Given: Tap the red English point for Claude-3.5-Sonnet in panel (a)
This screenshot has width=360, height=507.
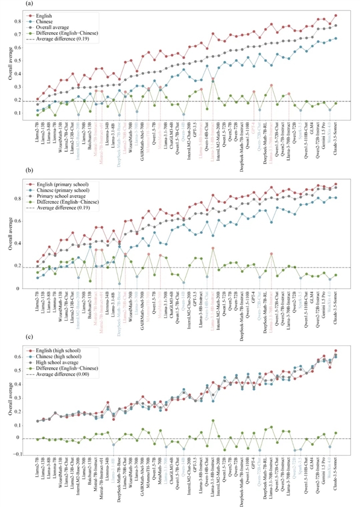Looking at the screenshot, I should tap(336, 15).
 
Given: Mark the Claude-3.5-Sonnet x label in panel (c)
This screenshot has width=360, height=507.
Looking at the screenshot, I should tap(336, 477).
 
